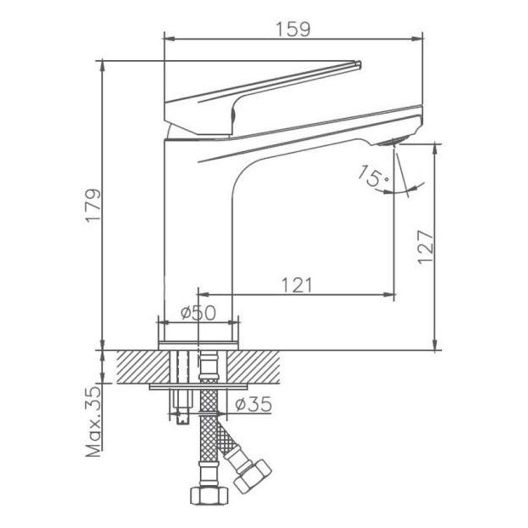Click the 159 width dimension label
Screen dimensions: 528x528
tap(293, 29)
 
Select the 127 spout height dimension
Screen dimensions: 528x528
tap(426, 247)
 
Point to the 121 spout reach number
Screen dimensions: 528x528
tap(297, 285)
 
